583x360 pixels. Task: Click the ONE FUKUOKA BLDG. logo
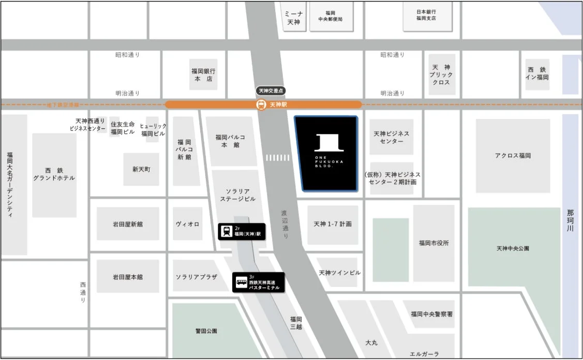326,150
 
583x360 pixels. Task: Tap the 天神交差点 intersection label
271,91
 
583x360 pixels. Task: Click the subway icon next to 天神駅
262,104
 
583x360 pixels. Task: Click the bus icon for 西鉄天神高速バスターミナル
241,282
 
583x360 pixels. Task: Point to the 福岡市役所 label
434,243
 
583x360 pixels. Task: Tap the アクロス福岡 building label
513,156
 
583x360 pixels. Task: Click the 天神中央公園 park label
513,248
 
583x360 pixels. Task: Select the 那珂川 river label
570,220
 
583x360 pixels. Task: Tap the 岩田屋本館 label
128,277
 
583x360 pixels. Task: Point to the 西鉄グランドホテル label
54,174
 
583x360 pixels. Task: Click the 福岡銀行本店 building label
203,75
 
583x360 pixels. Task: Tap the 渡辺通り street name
285,223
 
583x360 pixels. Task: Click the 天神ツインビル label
339,273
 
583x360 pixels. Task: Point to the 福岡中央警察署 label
432,314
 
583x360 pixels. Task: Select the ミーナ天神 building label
294,18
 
